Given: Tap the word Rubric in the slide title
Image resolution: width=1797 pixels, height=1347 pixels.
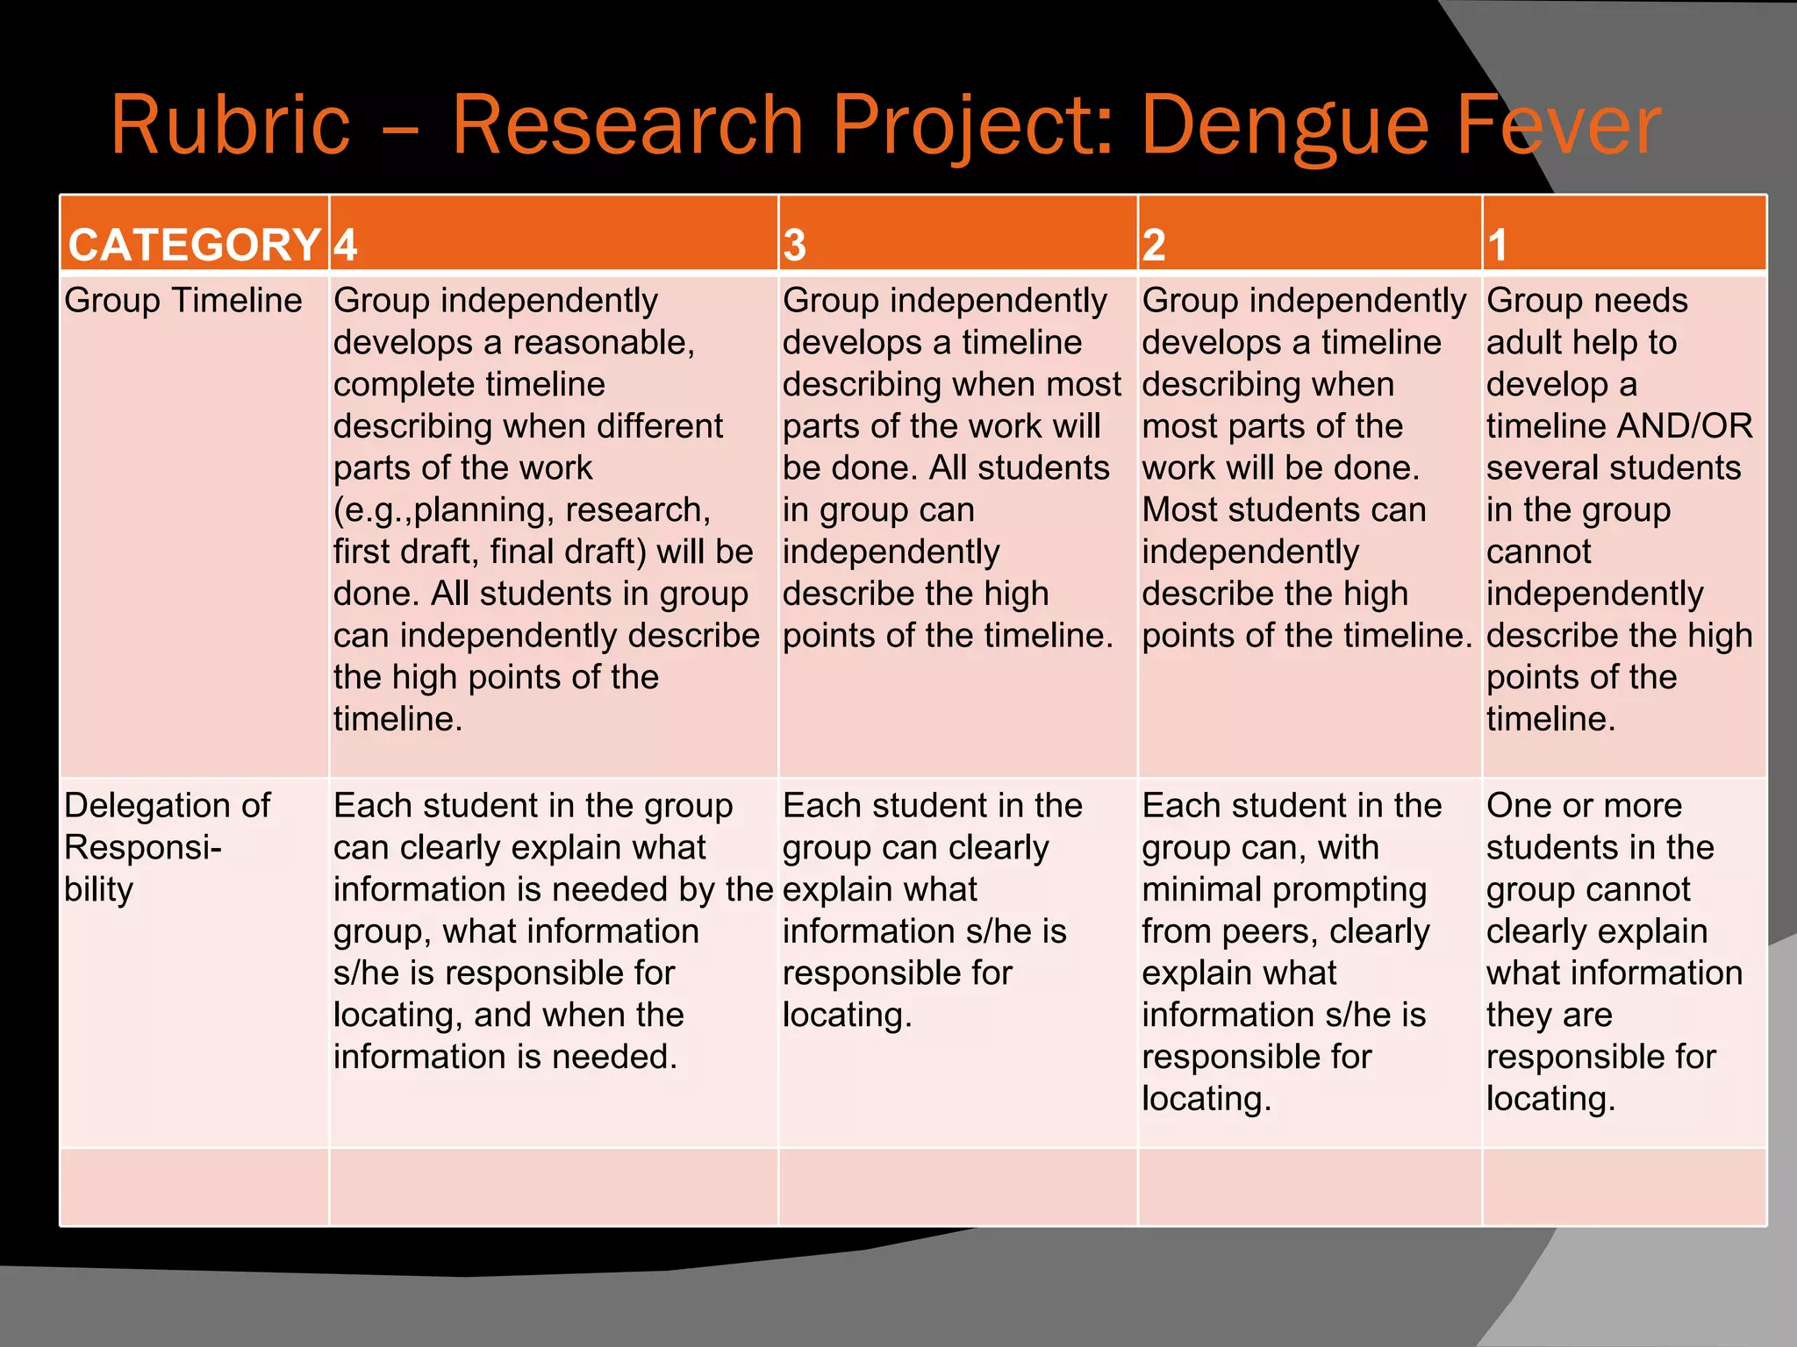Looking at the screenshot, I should coord(230,125).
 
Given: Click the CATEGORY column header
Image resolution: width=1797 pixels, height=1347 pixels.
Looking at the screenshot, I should coord(194,245).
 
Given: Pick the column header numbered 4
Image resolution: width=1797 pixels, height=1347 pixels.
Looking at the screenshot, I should coord(345,246).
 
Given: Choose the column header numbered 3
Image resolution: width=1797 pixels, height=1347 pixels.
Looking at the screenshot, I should coord(794,246).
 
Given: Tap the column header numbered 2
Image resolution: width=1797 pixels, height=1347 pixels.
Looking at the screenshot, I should coord(1154,246).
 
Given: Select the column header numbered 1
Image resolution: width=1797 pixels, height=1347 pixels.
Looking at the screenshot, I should coord(1497,246).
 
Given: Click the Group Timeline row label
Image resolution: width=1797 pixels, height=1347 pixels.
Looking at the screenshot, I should coord(183,301).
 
